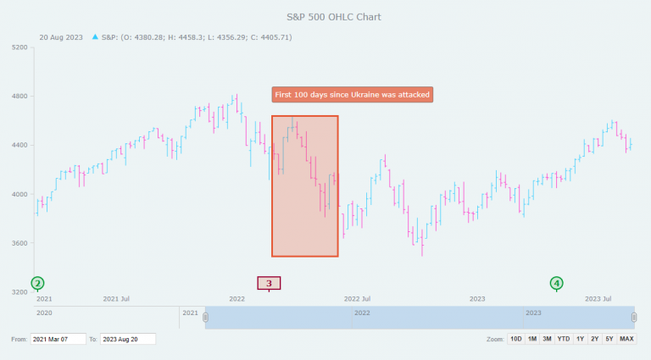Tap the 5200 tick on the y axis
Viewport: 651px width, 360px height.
(19, 48)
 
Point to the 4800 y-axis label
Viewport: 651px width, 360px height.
(19, 97)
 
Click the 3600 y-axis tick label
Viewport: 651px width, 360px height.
(19, 244)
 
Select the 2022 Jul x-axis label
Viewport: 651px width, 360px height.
(357, 299)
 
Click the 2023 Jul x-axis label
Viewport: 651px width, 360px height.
(599, 299)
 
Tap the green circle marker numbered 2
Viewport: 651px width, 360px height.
(37, 283)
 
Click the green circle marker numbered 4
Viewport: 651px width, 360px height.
(556, 283)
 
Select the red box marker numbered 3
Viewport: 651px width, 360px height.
(269, 283)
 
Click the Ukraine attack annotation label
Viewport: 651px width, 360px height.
(352, 94)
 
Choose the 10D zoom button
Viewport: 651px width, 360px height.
(515, 339)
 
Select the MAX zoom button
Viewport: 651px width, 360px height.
(626, 339)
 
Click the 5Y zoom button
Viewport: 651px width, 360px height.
(609, 339)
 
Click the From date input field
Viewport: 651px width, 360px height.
(58, 339)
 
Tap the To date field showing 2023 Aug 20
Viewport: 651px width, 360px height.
(128, 339)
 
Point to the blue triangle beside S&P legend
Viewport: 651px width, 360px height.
(94, 37)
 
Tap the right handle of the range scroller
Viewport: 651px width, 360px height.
(633, 318)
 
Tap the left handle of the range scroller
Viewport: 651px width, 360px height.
(205, 318)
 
